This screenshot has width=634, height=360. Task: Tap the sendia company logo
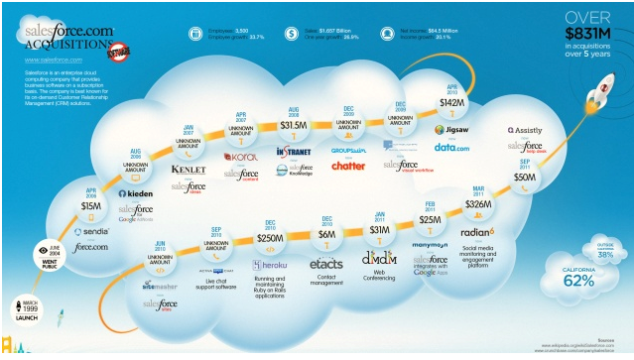click(90, 232)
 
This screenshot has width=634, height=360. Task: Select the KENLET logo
click(189, 170)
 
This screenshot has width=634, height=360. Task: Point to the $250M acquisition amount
click(270, 239)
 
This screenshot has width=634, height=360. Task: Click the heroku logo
click(270, 265)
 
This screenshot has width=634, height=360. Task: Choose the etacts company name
click(326, 264)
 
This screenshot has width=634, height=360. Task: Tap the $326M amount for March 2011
click(478, 203)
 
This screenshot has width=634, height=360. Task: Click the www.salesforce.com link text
click(54, 60)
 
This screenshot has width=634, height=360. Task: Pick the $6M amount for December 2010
click(326, 234)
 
